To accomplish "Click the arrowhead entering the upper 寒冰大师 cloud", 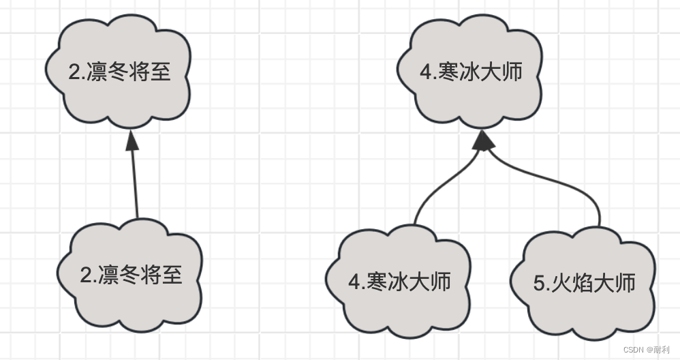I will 483,140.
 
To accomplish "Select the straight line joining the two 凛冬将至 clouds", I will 135,184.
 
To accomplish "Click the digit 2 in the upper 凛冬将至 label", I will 75,72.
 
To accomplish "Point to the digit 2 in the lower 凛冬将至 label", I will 87,275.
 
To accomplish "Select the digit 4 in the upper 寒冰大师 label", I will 427,72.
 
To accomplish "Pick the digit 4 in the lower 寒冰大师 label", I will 354,282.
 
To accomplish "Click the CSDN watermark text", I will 637,350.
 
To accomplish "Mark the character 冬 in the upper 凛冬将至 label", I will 118,71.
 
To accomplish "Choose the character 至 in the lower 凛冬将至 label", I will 170,275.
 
